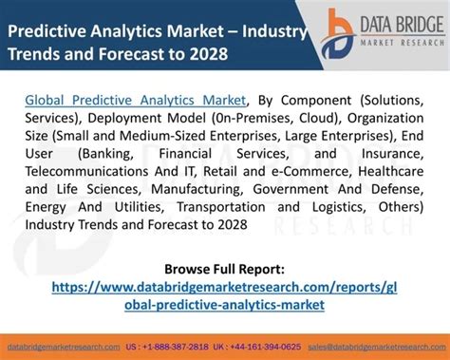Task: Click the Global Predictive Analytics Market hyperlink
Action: (x=134, y=98)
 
